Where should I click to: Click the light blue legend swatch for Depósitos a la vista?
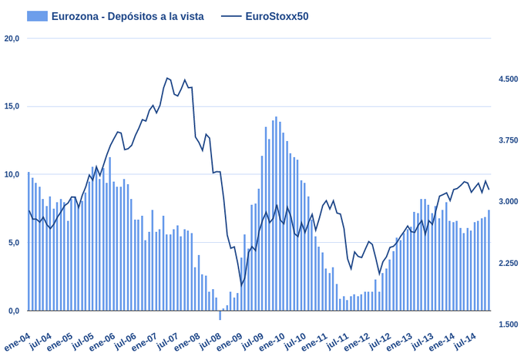pyautogui.click(x=37, y=16)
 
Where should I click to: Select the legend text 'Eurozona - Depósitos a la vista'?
pyautogui.click(x=127, y=16)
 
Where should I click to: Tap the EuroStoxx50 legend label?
pyautogui.click(x=277, y=16)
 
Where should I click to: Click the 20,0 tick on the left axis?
pyautogui.click(x=12, y=38)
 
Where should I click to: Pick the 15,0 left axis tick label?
pyautogui.click(x=12, y=106)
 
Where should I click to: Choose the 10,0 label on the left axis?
pyautogui.click(x=12, y=174)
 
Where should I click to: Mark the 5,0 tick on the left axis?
pyautogui.click(x=13, y=243)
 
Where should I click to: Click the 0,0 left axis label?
pyautogui.click(x=13, y=311)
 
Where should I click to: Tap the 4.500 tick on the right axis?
pyautogui.click(x=509, y=79)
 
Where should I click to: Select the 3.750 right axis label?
pyautogui.click(x=509, y=140)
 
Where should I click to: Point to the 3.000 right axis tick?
pyautogui.click(x=509, y=202)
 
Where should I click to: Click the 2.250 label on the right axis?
pyautogui.click(x=509, y=264)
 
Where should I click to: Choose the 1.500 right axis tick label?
pyautogui.click(x=509, y=325)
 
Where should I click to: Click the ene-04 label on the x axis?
pyautogui.click(x=17, y=342)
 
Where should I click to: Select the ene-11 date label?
pyautogui.click(x=314, y=342)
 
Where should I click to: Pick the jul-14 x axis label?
pyautogui.click(x=462, y=342)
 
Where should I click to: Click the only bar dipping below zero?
pyautogui.click(x=220, y=315)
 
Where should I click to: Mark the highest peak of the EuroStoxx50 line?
pyautogui.click(x=167, y=78)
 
